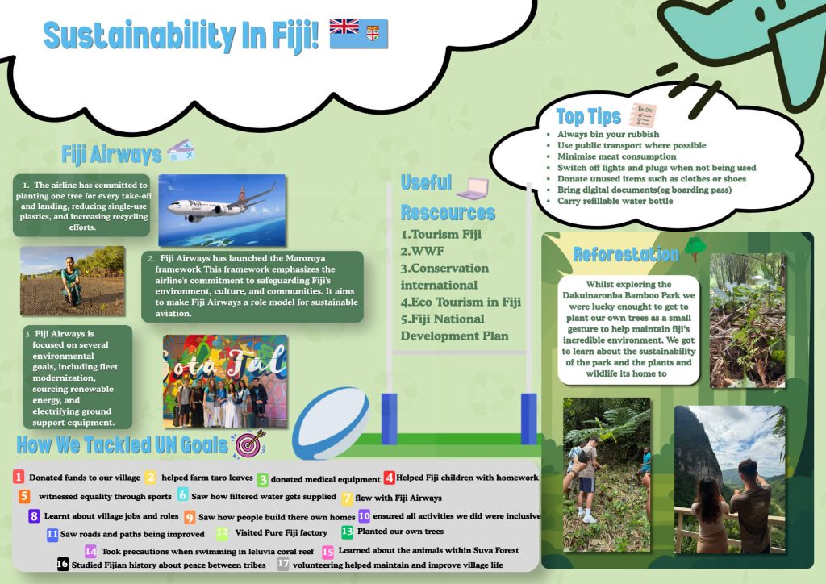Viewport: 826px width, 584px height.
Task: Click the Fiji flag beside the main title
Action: [x=359, y=34]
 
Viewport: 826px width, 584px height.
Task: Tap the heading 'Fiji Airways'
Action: [x=111, y=155]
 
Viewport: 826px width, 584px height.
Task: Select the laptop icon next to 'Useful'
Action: [x=473, y=189]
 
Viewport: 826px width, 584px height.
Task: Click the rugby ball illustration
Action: [x=331, y=423]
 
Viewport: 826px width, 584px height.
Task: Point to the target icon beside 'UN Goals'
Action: [x=250, y=444]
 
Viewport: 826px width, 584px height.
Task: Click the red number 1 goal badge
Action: [x=19, y=477]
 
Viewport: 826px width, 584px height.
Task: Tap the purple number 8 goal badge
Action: [x=34, y=516]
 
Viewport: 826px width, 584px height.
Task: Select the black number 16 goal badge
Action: [x=63, y=564]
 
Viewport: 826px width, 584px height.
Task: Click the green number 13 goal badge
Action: [x=347, y=532]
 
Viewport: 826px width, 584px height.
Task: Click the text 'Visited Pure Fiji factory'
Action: [x=282, y=532]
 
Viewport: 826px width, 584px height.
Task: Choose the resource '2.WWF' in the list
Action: [x=422, y=251]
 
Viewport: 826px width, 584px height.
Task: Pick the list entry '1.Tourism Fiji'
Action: [x=441, y=235]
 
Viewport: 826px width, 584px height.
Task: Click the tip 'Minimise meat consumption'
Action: [x=617, y=156]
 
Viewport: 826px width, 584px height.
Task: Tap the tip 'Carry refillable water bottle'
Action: [x=615, y=201]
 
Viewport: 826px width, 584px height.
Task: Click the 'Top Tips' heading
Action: [x=588, y=116]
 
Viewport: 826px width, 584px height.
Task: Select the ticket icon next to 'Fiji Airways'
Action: [x=181, y=151]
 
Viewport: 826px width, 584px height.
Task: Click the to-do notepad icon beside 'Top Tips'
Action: [x=643, y=115]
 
